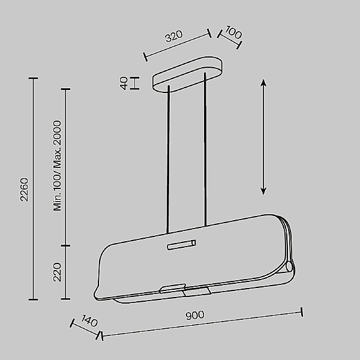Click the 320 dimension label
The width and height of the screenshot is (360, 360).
pos(174,36)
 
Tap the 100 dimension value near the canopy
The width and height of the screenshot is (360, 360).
pos(233,32)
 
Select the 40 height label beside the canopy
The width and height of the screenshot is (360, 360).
pos(124,83)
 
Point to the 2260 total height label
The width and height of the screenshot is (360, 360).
pos(24,190)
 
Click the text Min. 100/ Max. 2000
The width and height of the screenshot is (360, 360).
pos(57,166)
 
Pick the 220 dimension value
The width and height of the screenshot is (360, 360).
pos(57,272)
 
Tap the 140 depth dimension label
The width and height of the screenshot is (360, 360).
pos(89,321)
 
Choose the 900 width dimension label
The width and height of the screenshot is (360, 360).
pos(195,315)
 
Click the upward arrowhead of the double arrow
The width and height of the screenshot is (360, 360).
pos(263,83)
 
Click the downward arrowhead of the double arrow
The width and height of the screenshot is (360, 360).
pos(263,191)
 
